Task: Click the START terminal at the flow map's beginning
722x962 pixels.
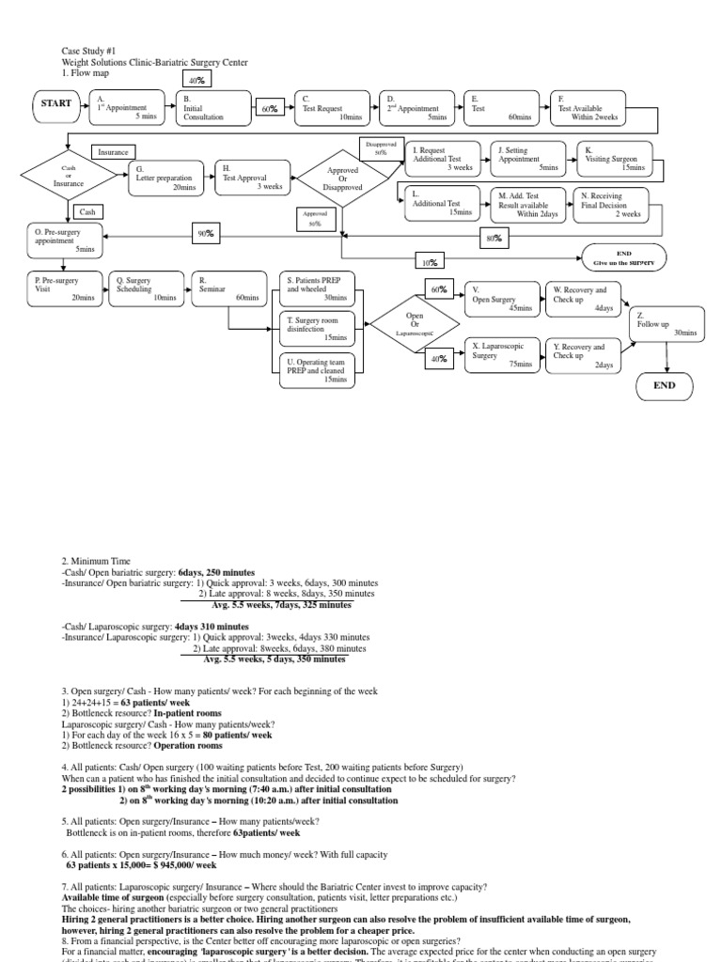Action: [x=56, y=103]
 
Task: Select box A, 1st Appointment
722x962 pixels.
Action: [x=127, y=107]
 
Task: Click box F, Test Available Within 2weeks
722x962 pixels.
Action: [x=595, y=107]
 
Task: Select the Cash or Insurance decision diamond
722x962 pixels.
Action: [x=69, y=177]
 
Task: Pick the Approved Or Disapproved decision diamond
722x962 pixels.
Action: [x=343, y=177]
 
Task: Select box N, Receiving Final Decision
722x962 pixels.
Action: [x=608, y=204]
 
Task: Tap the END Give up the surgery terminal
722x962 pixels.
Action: [x=623, y=257]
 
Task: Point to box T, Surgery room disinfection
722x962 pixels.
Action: [x=318, y=328]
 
